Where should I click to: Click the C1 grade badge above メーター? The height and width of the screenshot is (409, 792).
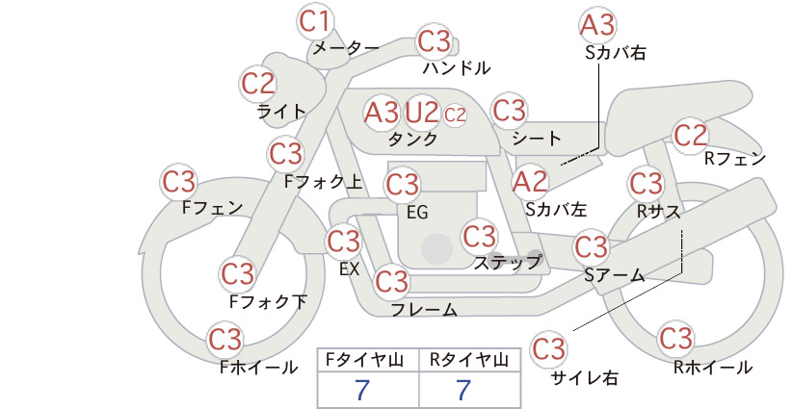coord(314,21)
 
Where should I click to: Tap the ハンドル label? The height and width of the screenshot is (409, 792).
coord(457,67)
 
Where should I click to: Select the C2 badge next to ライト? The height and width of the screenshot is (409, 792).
coord(258,84)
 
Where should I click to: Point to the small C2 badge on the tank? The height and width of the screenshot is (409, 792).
coord(455,115)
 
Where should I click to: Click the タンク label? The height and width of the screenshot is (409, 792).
coord(412,140)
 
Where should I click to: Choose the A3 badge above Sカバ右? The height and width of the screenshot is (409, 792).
coord(597,25)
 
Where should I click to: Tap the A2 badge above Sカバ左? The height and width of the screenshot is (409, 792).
coord(530,182)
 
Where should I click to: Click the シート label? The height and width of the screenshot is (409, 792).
coord(537,139)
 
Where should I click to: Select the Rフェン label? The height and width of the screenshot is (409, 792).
coord(735,159)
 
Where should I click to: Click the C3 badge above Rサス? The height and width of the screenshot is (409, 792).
coord(646,184)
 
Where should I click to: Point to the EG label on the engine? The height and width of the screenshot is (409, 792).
coord(417,213)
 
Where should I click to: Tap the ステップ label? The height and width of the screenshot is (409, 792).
coord(507,263)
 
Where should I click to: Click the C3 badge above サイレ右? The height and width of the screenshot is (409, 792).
coord(548,348)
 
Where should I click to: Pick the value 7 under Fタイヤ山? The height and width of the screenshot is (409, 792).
coord(362,390)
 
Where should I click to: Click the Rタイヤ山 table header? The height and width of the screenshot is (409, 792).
coord(468,360)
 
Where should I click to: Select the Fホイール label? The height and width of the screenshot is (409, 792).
coord(258,368)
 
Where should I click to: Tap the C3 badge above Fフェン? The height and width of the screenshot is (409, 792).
coord(179,182)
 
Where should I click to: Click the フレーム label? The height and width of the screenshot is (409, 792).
coord(424,309)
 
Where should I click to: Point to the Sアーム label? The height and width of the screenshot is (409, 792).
coord(615,275)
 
